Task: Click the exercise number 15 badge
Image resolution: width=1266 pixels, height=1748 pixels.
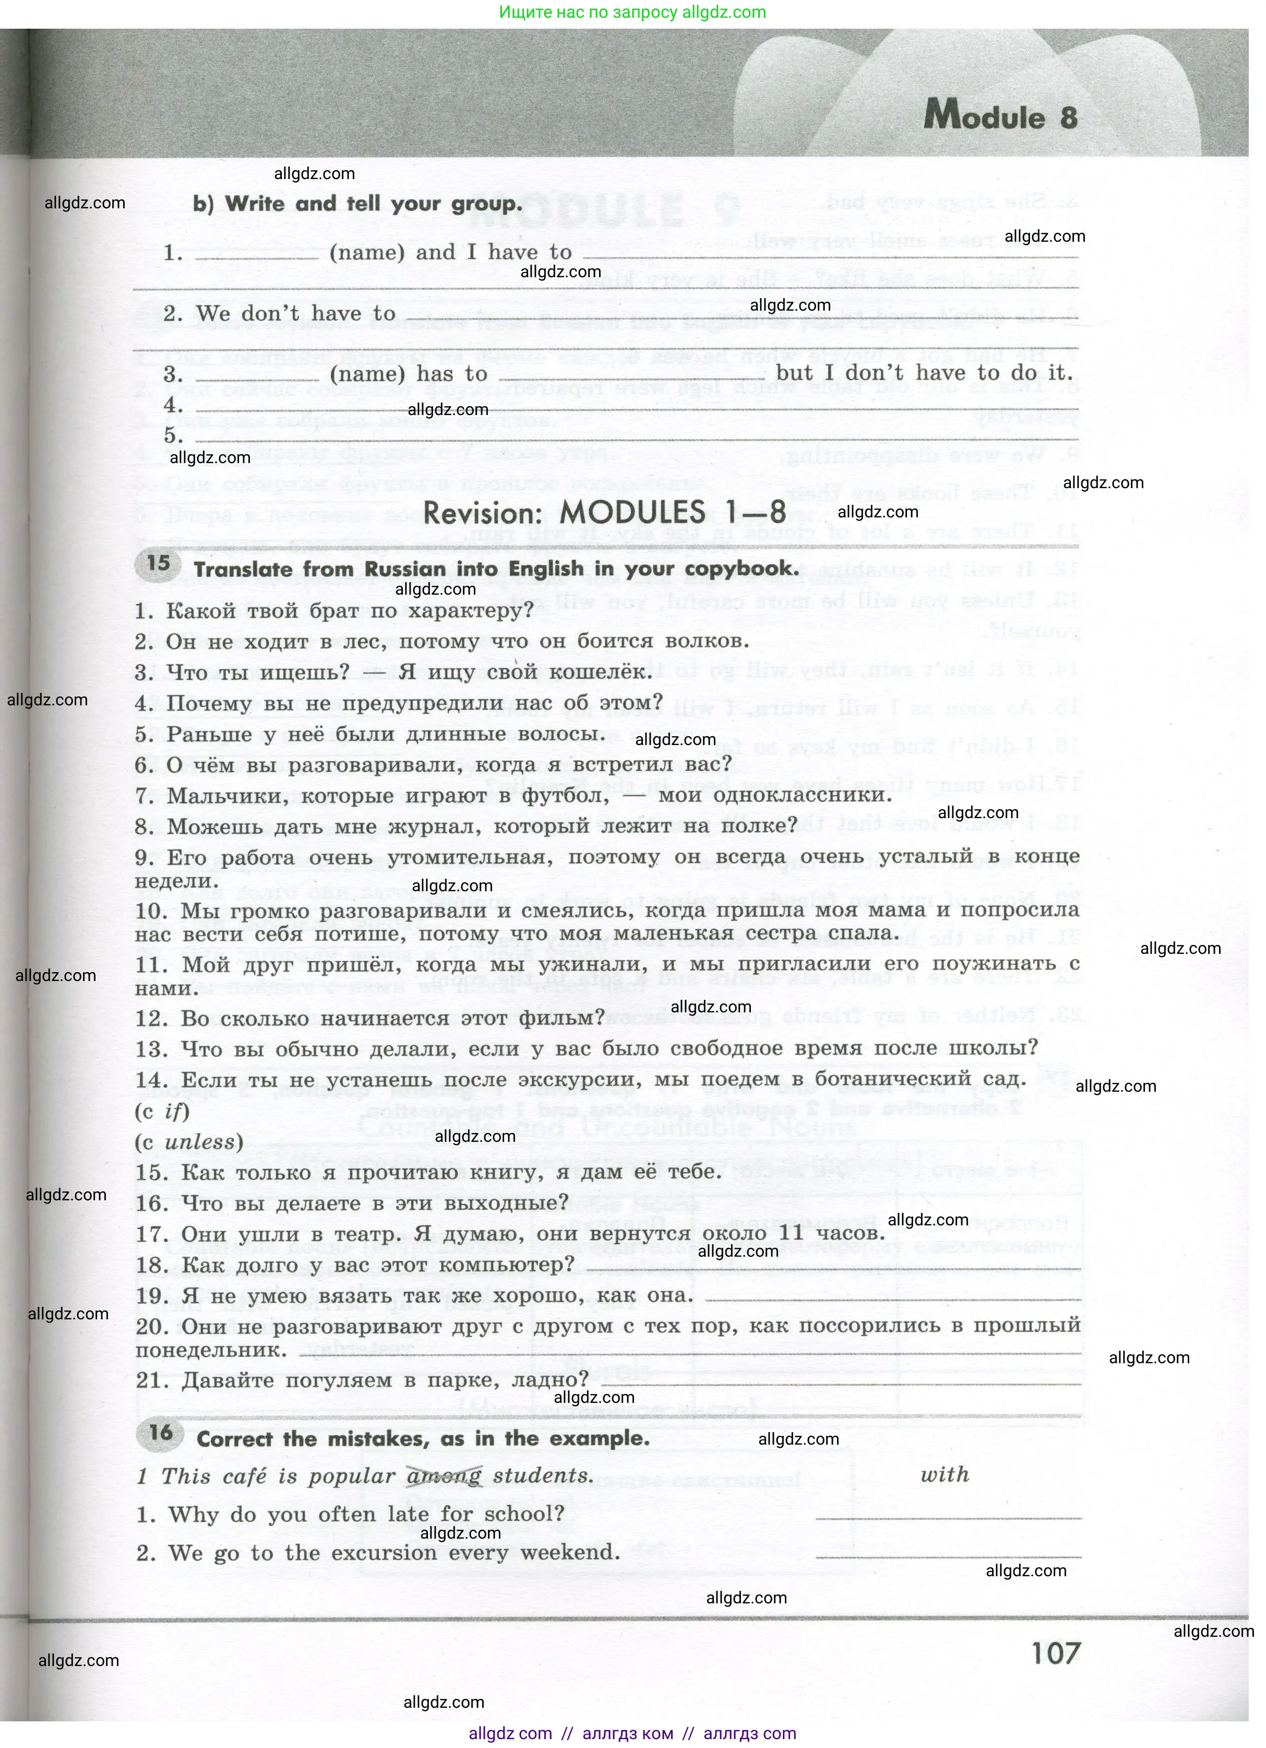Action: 158,563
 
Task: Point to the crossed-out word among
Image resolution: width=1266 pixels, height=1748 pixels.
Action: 444,1476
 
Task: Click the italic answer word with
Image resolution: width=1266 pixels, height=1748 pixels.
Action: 945,1474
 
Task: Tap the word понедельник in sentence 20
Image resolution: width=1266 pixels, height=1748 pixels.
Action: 210,1350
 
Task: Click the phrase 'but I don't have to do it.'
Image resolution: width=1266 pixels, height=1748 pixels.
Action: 924,373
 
